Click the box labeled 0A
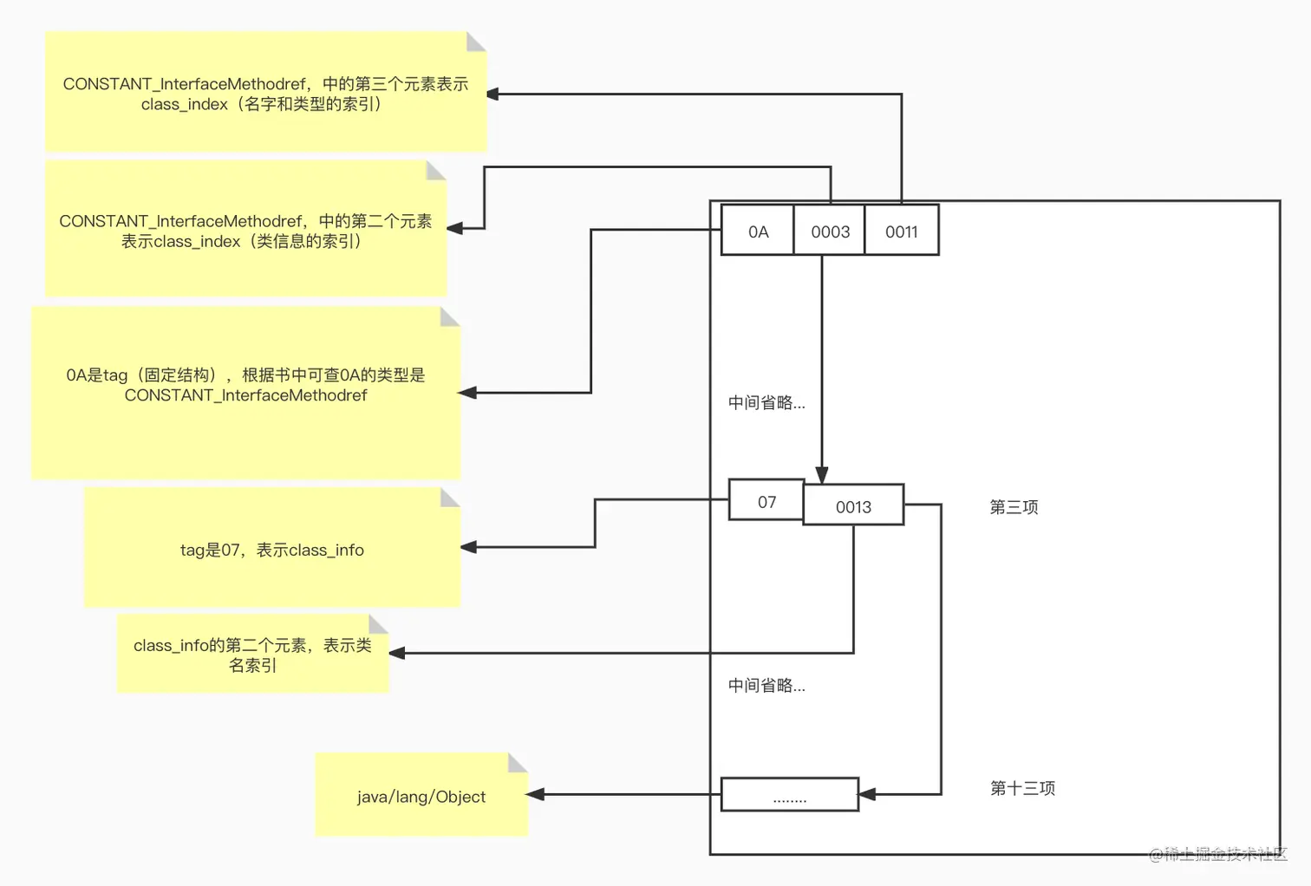pos(758,231)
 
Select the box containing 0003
pos(830,231)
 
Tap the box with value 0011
pos(902,231)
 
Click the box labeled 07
pos(766,501)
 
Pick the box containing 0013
pos(853,506)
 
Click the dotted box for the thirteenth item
pos(789,795)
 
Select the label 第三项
pos(1014,507)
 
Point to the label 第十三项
pos(1022,788)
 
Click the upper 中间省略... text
pos(766,402)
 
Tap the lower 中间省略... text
pos(766,686)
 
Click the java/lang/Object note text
pos(421,797)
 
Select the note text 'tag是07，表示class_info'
pos(271,550)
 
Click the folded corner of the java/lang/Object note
pos(518,762)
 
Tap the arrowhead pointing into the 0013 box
pos(822,475)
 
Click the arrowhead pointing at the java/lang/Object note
pos(537,794)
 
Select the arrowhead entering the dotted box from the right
pos(867,794)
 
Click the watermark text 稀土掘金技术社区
pos(1217,854)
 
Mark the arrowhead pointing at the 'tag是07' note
pos(469,547)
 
